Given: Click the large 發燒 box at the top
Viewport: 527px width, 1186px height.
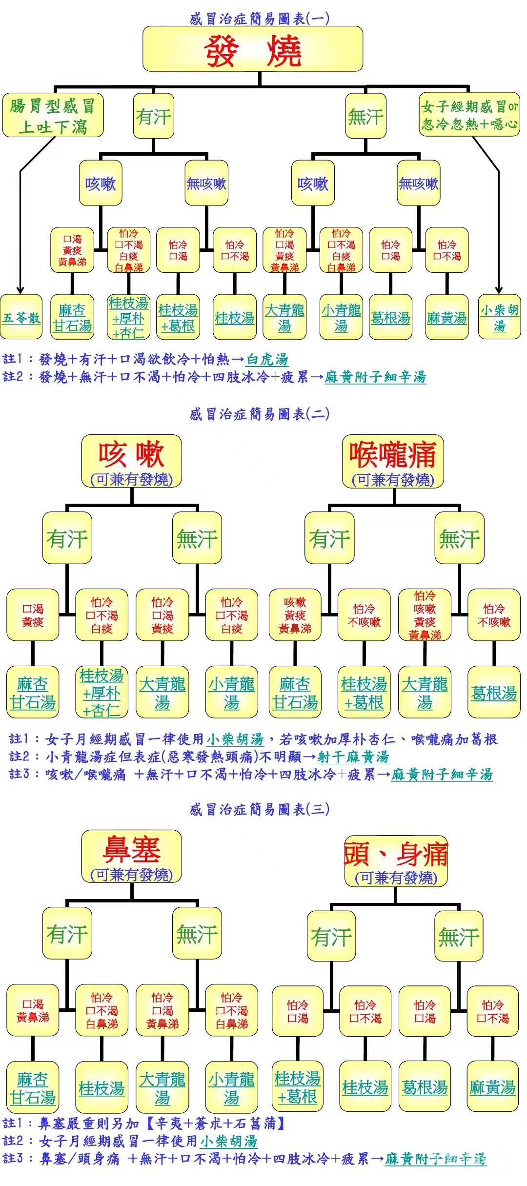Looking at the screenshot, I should [x=252, y=49].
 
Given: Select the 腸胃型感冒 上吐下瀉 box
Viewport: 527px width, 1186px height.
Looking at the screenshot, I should [x=53, y=116].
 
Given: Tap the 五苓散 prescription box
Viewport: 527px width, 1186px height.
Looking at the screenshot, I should [x=21, y=317].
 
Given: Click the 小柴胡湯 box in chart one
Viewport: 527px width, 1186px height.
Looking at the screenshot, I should [x=499, y=317].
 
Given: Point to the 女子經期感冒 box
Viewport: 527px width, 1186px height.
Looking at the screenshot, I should [x=469, y=114].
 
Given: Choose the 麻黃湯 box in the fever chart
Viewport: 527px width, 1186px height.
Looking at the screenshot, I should [x=446, y=317].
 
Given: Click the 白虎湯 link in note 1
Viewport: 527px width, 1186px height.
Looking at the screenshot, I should [x=267, y=360].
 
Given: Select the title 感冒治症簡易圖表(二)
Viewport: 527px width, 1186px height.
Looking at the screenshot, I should [x=259, y=414].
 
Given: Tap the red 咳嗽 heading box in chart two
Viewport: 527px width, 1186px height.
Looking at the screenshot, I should [x=131, y=461].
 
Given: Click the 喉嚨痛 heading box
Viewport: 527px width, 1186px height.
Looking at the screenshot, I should [x=393, y=461].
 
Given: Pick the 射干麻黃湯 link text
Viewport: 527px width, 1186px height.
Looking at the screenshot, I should [x=353, y=757].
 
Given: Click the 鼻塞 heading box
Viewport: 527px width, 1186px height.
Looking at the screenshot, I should [x=131, y=857].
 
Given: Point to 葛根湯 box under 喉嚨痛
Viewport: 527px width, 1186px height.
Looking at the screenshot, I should [x=494, y=692].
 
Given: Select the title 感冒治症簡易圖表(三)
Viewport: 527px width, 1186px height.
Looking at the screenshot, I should [x=259, y=809].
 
